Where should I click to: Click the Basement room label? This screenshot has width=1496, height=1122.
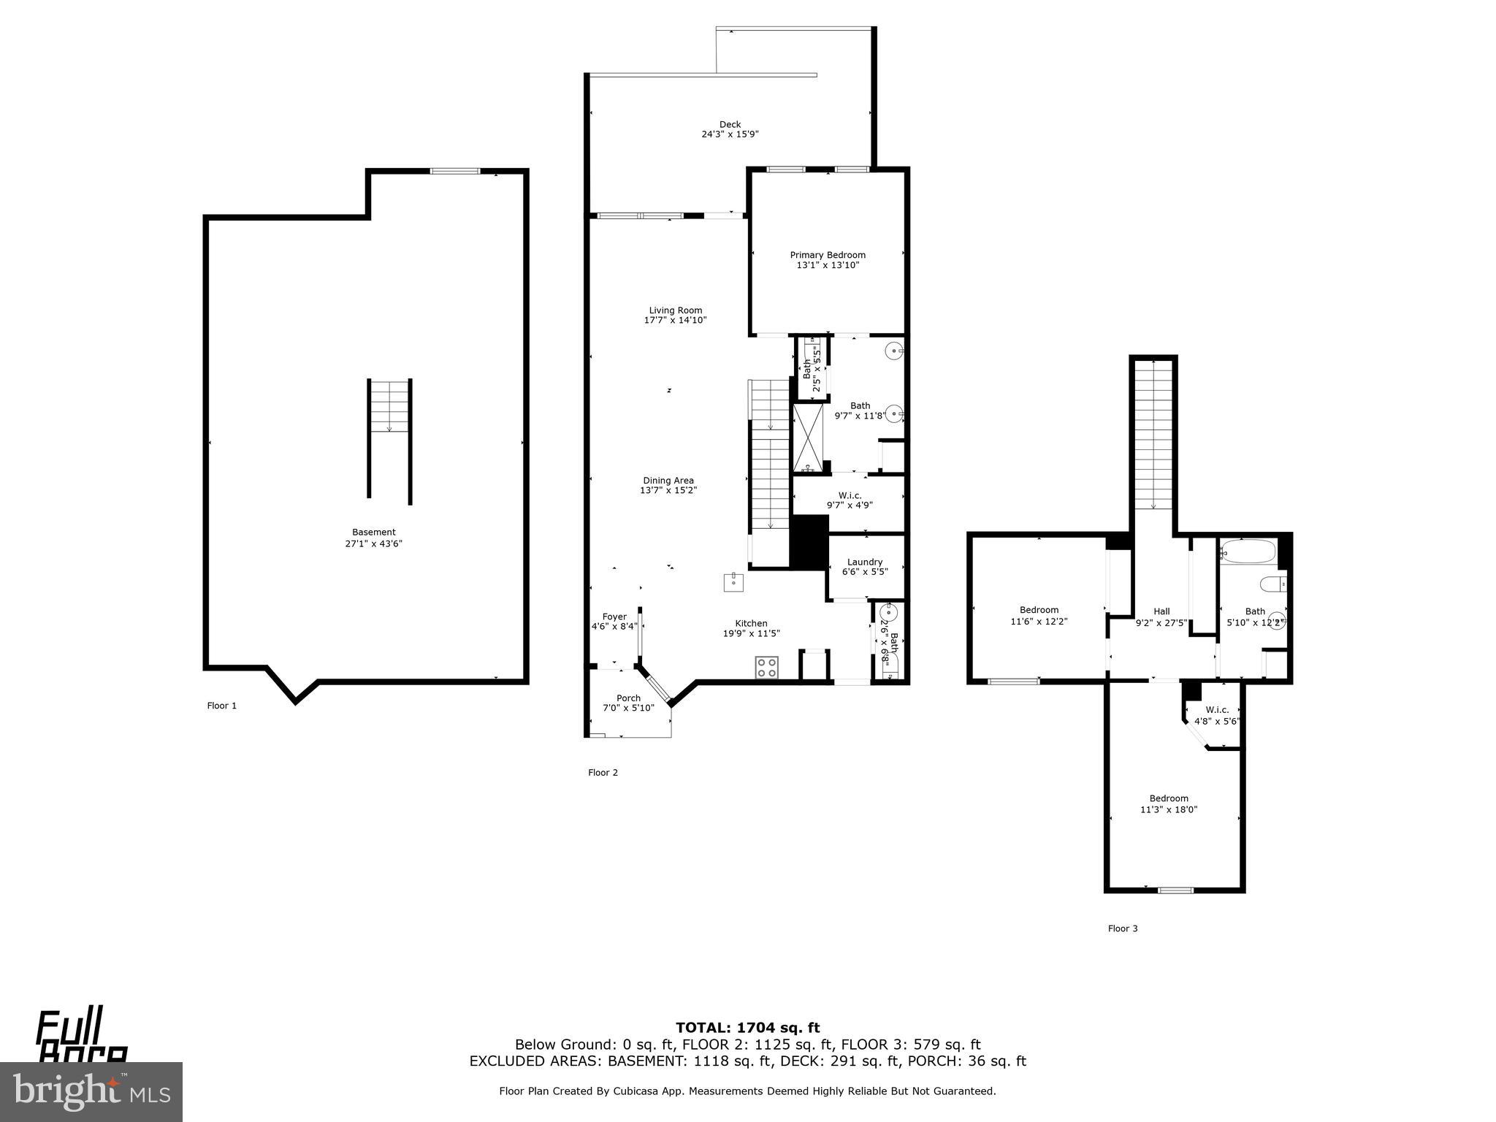click(373, 533)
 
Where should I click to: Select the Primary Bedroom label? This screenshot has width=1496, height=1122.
click(827, 255)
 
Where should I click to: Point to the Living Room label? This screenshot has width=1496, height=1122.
click(675, 310)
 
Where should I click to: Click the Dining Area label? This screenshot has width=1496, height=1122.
click(668, 481)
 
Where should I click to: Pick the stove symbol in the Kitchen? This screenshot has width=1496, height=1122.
click(766, 667)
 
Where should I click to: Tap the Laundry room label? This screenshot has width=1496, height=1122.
click(864, 562)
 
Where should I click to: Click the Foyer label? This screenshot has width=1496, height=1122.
click(614, 617)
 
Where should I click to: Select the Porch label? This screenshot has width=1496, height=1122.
click(628, 698)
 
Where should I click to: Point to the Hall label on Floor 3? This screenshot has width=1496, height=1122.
click(1161, 611)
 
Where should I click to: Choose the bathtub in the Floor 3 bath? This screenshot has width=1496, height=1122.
click(1248, 551)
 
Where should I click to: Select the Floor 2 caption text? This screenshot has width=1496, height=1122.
click(603, 772)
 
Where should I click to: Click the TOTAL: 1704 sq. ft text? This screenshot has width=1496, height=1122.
click(747, 1028)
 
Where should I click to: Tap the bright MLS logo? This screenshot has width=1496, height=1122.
click(91, 1091)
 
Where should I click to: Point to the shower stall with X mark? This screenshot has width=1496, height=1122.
click(808, 437)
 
